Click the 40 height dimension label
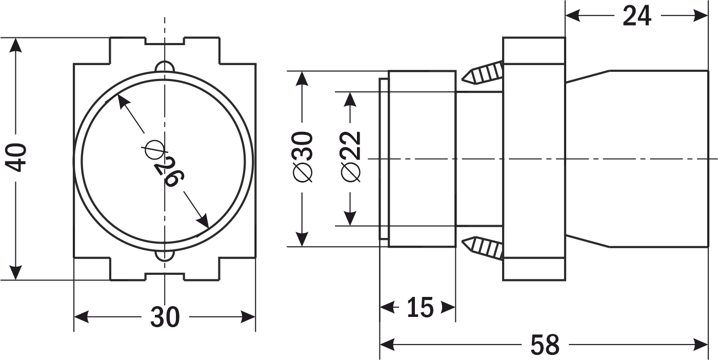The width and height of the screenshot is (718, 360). click(16, 158)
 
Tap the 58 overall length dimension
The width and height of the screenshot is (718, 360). click(545, 345)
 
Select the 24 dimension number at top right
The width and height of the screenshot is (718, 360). click(637, 16)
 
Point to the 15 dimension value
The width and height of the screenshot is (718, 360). click(420, 307)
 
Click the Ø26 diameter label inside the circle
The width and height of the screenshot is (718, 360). click(164, 164)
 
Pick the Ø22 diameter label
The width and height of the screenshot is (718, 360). click(351, 157)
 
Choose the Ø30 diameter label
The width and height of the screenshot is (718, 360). click(302, 157)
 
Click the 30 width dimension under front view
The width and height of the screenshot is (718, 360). click(165, 317)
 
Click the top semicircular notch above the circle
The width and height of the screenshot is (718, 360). click(165, 66)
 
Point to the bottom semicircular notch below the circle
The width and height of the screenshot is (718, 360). click(165, 255)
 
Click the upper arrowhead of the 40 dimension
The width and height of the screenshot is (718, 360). click(16, 45)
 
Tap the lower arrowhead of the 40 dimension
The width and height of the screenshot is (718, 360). click(16, 272)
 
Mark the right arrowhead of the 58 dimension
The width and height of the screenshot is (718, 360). click(701, 345)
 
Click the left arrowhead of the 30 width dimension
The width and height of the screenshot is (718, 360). click(82, 317)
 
